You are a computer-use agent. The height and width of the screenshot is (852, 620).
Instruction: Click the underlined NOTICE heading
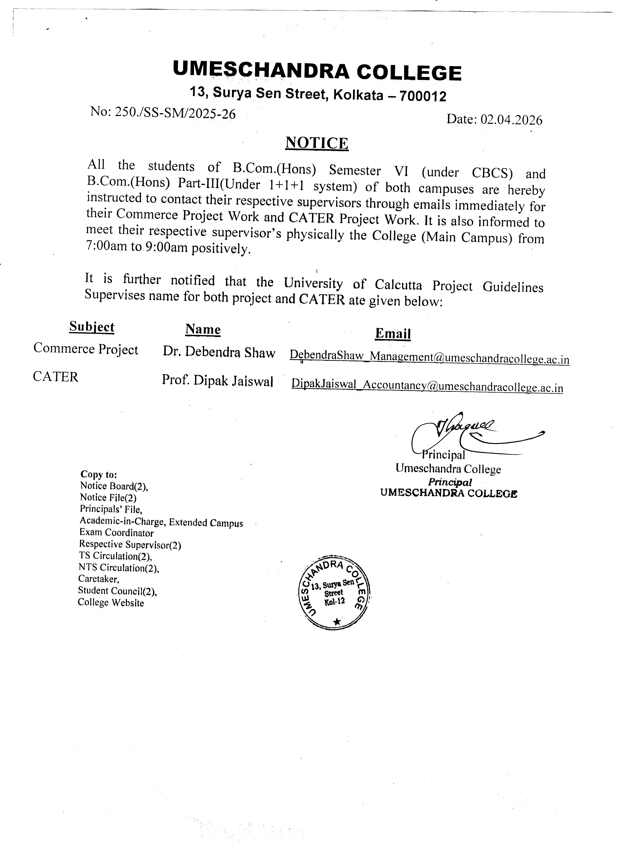point(317,143)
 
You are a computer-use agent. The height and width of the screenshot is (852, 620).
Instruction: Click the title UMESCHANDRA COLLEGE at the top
point(317,71)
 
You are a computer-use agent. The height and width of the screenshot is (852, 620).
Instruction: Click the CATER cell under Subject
point(56,377)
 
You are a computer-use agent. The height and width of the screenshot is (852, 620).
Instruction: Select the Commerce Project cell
point(86,349)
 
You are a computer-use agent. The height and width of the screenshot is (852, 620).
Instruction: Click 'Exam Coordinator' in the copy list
point(117,533)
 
